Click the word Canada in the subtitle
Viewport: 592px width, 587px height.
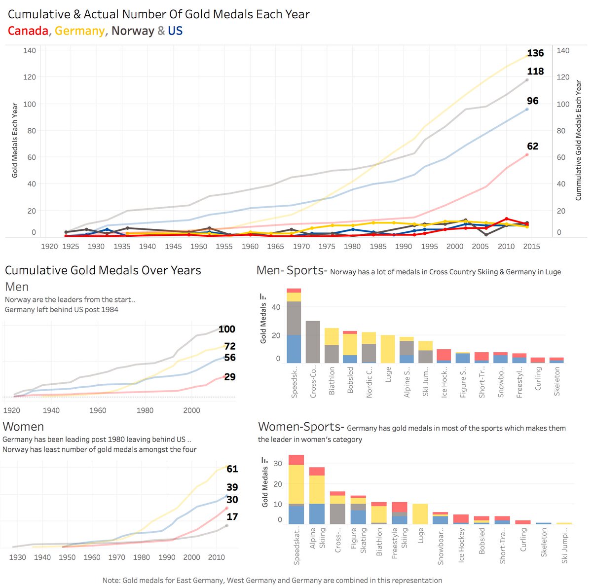coord(28,31)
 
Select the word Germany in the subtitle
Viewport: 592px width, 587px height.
coord(79,31)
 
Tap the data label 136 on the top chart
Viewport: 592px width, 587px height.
coord(535,53)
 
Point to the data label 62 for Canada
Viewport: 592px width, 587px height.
coord(532,147)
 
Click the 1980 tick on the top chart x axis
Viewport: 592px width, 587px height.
coord(352,246)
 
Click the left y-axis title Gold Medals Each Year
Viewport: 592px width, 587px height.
coord(15,140)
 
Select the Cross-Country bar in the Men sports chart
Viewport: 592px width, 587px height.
coord(313,342)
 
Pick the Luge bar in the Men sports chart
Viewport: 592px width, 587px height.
coord(388,349)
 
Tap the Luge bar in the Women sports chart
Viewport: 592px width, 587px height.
coord(420,514)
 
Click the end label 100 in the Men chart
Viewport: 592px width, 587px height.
coord(227,330)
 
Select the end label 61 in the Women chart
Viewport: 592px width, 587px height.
coord(232,469)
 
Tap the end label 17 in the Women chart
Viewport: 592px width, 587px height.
coord(232,517)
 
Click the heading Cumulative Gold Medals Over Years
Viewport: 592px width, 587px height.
coord(103,270)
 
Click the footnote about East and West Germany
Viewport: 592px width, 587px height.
coord(272,580)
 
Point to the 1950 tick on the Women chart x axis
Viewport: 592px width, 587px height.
coord(67,557)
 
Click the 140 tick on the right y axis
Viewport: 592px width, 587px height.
coord(563,50)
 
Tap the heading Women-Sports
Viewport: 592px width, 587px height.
coord(301,427)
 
